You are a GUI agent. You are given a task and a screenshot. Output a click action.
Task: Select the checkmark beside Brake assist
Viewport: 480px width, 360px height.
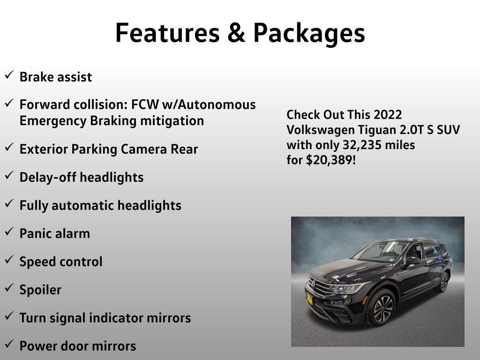coord(9,75)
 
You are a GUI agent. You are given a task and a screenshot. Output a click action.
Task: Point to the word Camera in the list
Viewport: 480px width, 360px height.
coord(143,149)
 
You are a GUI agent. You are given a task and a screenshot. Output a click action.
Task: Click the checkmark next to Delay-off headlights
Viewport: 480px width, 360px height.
coord(9,175)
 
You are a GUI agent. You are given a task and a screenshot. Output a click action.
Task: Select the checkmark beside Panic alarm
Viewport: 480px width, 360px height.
coord(9,232)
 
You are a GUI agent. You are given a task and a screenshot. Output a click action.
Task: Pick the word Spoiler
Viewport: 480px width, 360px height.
coord(40,290)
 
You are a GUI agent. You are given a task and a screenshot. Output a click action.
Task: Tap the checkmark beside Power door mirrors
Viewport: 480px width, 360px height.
coord(9,345)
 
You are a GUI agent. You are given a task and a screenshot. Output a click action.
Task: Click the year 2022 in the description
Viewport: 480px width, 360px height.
coord(388,115)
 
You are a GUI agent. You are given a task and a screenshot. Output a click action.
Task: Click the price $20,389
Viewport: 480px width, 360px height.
coord(330,160)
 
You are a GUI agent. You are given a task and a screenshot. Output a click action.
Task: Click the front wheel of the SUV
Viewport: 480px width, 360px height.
coord(382,307)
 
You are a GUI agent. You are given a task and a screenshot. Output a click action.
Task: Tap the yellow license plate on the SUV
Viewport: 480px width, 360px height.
coord(309,299)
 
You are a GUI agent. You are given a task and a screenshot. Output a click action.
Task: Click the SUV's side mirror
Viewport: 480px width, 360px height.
coord(412,260)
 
